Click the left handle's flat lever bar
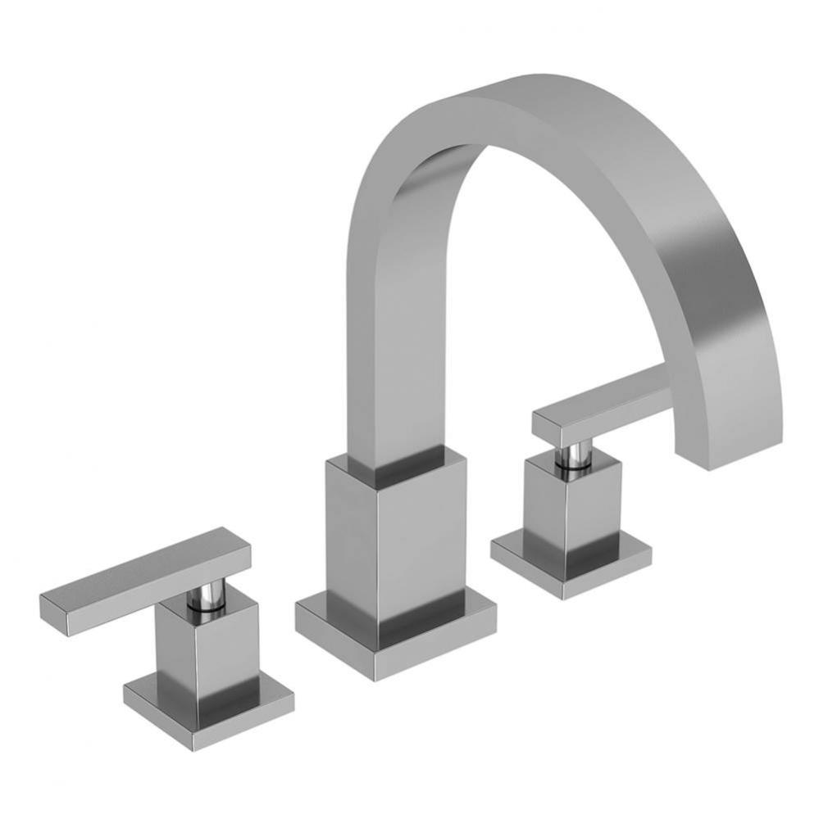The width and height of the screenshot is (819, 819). (143, 581)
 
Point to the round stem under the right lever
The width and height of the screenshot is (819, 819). (576, 456)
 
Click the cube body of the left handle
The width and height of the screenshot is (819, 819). (217, 647)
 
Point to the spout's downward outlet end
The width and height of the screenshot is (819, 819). (734, 446)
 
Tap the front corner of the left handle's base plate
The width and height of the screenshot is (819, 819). (195, 748)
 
